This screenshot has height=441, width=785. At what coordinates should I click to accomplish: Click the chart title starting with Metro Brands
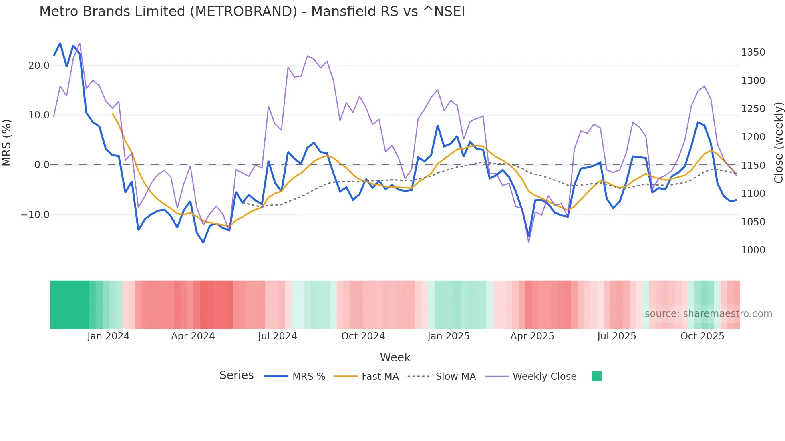tap(252, 12)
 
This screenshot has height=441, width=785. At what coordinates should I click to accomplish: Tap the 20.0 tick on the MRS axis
tap(39, 66)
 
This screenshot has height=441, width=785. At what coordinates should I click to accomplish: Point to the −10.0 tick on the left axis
tap(35, 215)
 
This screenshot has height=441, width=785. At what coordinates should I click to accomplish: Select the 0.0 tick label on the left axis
tap(42, 165)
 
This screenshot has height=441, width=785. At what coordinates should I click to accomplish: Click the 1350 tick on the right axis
tap(753, 52)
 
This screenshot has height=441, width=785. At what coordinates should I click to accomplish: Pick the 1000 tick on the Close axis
tap(753, 250)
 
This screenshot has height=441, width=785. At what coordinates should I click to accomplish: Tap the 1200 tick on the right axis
tap(753, 137)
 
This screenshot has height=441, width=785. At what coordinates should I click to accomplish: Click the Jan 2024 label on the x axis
tap(108, 336)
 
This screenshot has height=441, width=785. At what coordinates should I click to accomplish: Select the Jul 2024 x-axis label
tap(277, 336)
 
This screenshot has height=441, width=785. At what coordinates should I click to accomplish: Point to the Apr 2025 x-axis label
tap(532, 336)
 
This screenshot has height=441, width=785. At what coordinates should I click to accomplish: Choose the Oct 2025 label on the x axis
tap(702, 336)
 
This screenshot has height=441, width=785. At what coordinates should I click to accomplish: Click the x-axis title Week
tap(395, 357)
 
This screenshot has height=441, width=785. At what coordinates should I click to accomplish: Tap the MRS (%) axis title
tap(7, 142)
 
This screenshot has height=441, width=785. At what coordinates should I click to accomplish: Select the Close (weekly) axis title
tap(778, 142)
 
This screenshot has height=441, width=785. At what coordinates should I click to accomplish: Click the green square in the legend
tap(596, 376)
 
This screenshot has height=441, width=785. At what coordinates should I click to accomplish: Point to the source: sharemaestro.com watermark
tap(708, 314)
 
